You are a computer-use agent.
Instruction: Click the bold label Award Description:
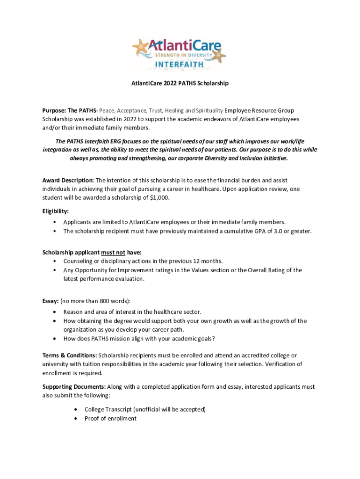(68, 180)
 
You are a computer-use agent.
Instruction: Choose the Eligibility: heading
(56, 211)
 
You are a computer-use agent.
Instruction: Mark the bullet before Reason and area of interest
(56, 312)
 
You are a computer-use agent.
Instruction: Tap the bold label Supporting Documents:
(74, 387)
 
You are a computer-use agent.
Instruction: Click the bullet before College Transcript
(77, 409)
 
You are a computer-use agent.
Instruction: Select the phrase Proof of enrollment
(110, 418)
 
